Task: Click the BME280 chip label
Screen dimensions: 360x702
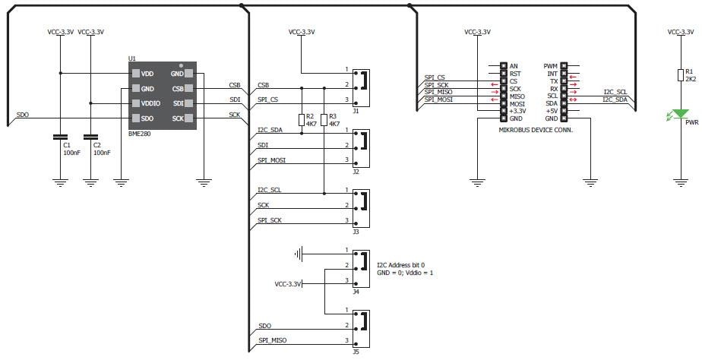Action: point(141,133)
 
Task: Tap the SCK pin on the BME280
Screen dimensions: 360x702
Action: point(178,118)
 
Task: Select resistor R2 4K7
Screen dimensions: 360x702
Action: point(302,119)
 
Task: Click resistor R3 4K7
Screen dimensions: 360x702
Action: point(324,119)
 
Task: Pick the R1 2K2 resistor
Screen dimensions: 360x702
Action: point(681,74)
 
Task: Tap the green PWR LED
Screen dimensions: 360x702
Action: point(680,114)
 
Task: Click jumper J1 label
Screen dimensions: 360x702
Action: point(356,110)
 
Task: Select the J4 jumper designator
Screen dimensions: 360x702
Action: point(356,292)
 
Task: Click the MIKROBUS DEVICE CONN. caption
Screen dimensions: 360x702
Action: point(535,130)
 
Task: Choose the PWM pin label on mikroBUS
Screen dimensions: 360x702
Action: point(551,66)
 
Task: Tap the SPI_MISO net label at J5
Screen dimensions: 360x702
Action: point(274,339)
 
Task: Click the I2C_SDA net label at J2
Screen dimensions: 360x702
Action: point(271,130)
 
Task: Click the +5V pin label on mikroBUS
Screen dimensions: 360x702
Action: point(551,111)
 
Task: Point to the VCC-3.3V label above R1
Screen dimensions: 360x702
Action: point(680,32)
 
